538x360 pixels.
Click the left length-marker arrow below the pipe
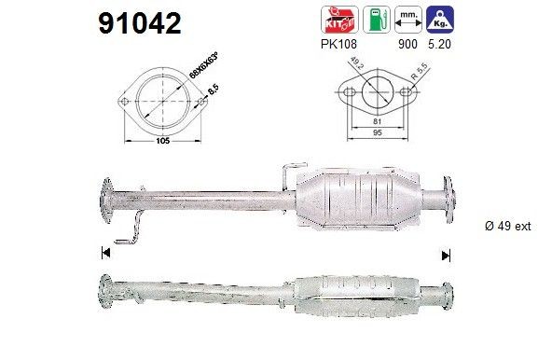[x=104, y=253]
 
